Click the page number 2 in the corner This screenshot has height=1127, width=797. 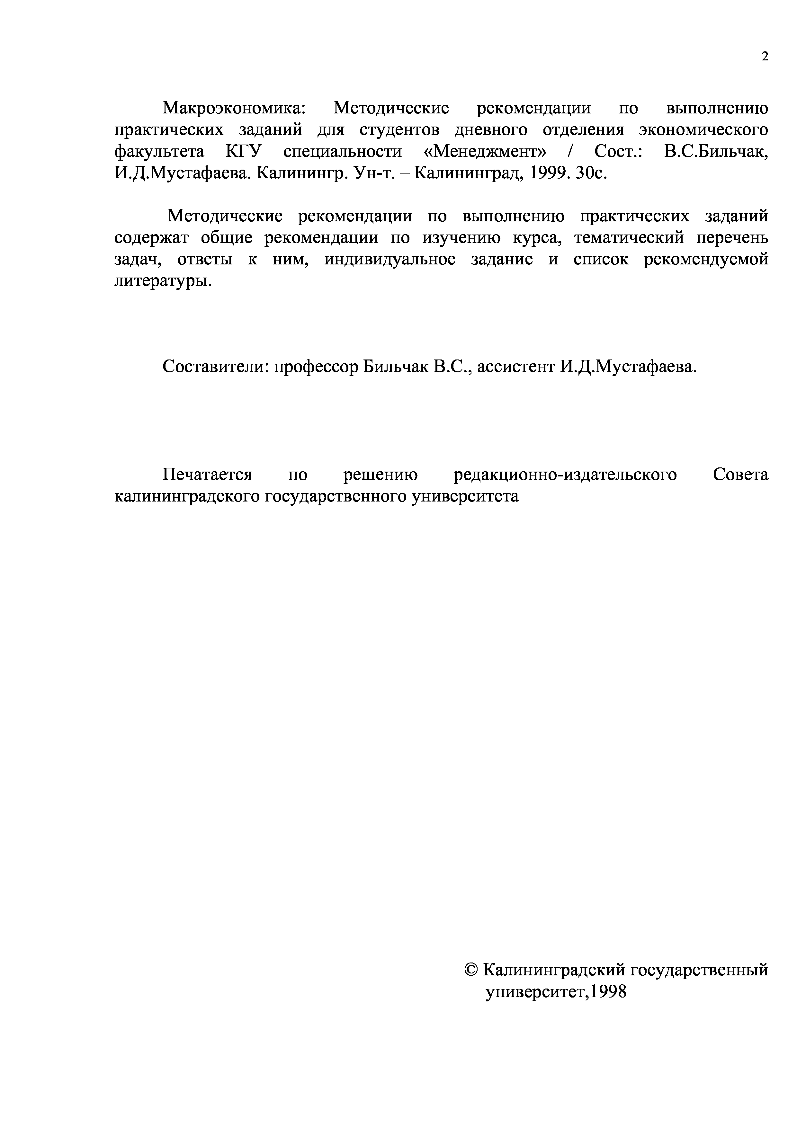click(764, 57)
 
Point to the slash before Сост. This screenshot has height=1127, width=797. click(570, 151)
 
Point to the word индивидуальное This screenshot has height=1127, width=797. click(390, 260)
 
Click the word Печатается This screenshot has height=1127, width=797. click(207, 475)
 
